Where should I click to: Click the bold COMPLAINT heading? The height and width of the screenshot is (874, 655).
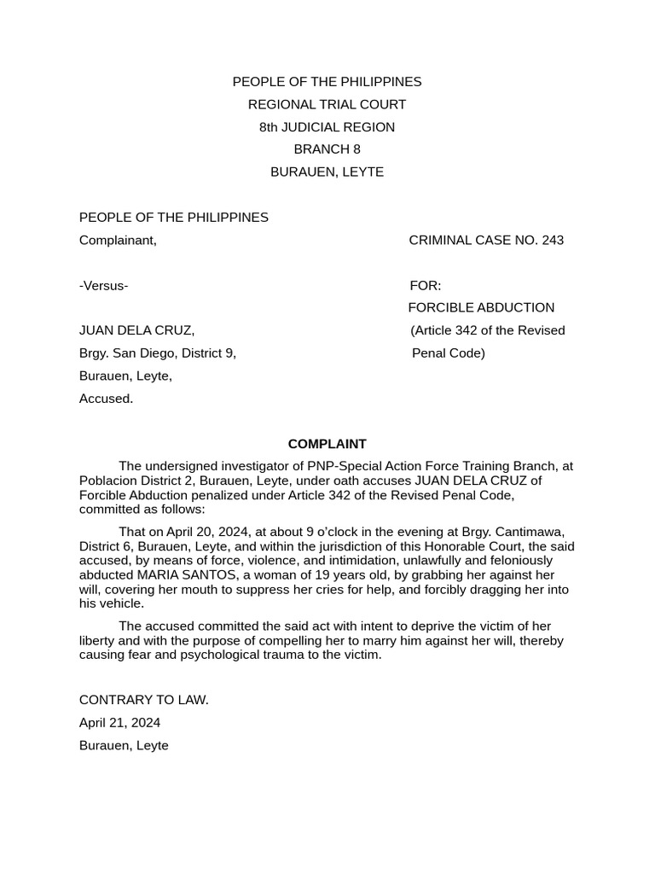click(327, 444)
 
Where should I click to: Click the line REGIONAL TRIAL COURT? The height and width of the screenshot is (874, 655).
click(327, 104)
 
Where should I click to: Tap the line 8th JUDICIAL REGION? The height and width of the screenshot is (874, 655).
click(327, 127)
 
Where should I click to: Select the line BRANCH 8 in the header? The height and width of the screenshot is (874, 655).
click(327, 149)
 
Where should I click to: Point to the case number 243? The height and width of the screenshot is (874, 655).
click(552, 240)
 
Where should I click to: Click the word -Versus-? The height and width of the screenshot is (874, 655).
click(103, 285)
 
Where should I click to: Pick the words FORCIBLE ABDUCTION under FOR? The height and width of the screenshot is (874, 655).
click(481, 307)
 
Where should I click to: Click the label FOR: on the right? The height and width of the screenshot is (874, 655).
click(426, 285)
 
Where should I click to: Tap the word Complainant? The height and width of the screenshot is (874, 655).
click(118, 240)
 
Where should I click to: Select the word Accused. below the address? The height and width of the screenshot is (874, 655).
click(106, 399)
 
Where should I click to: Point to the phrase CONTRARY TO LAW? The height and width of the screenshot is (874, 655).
click(143, 700)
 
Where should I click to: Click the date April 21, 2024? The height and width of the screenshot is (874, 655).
click(119, 723)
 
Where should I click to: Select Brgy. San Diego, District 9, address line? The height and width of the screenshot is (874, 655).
click(157, 353)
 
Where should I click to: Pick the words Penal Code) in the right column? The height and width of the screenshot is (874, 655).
click(449, 353)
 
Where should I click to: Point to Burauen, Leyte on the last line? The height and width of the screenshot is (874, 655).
click(124, 745)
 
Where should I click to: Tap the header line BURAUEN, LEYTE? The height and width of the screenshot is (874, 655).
click(327, 172)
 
